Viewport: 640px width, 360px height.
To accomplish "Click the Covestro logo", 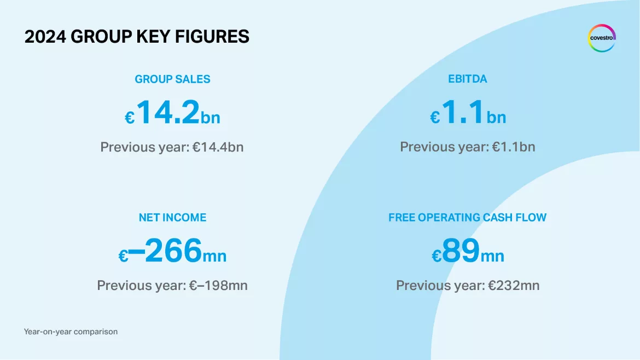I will (x=602, y=38).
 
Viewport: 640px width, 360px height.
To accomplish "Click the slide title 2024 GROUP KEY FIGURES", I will (x=137, y=37).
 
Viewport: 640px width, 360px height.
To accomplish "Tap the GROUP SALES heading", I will (x=172, y=79).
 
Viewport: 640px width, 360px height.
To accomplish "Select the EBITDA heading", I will (x=467, y=79).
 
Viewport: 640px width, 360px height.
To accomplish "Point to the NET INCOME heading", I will (x=172, y=218).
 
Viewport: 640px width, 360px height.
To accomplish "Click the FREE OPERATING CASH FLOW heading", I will (x=467, y=218).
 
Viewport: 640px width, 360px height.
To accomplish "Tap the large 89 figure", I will (x=461, y=251).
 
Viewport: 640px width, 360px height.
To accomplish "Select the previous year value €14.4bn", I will (x=218, y=147).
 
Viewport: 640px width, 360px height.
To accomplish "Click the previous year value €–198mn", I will (x=218, y=286).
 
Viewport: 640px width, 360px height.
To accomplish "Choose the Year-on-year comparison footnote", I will (x=71, y=332).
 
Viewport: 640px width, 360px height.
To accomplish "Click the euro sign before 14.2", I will (x=130, y=118).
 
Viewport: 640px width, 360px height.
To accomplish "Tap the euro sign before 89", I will (x=437, y=257).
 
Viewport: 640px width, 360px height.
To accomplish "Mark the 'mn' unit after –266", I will (x=214, y=256).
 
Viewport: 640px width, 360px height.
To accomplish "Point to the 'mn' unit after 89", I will (x=492, y=256).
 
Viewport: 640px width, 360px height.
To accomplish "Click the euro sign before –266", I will (x=124, y=257).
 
